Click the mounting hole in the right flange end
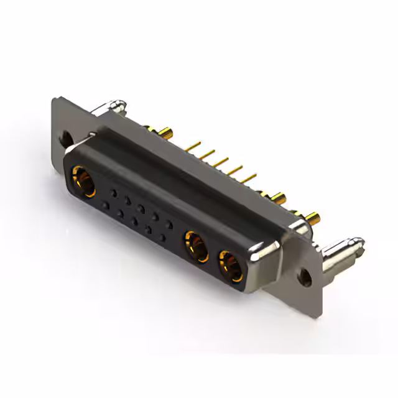pos(305,277)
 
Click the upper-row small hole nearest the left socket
pos(113,192)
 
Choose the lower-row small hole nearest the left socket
pos(106,205)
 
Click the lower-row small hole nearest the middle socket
pos(162,238)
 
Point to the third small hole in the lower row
pos(134,221)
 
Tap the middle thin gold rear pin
pos(221,162)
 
